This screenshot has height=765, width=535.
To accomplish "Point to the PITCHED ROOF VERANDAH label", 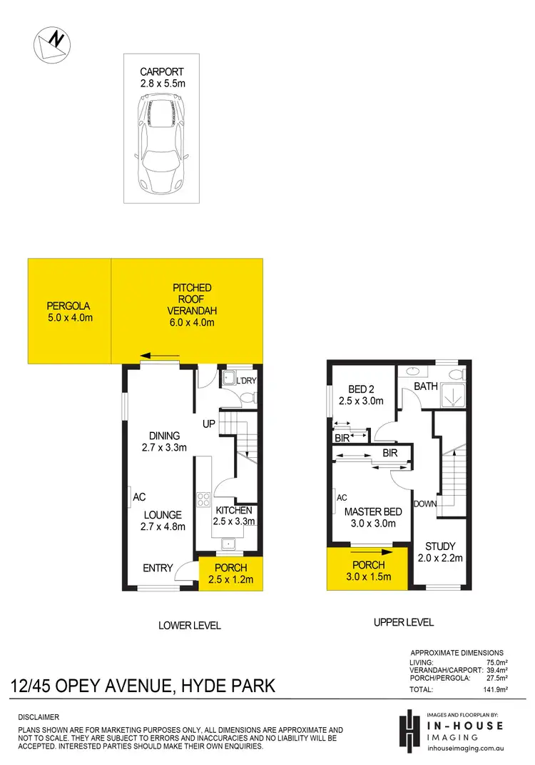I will pos(192,305).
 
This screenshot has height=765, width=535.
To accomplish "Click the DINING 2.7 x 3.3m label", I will pos(164,441).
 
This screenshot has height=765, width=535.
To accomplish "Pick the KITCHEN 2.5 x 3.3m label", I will pos(234,516).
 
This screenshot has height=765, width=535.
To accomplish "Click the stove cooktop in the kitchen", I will pos(202,499).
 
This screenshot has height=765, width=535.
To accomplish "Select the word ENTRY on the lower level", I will pos(158,568).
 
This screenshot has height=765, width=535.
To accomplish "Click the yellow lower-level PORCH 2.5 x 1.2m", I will pos(230,574).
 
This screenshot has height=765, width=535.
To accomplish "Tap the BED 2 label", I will pos(362,395).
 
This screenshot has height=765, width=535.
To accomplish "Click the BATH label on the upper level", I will pos(427,386).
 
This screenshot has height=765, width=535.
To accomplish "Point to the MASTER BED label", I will pos(373,517).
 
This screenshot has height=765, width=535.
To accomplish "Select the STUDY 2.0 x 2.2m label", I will pos(440,552).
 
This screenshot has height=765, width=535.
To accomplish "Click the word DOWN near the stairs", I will pos(425,504).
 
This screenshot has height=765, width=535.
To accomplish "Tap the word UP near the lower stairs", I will pos(209,424).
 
